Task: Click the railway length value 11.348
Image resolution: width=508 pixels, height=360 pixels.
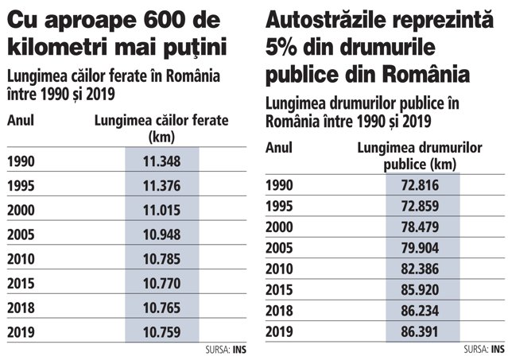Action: click(161, 161)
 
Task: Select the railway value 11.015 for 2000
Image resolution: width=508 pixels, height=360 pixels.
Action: click(161, 210)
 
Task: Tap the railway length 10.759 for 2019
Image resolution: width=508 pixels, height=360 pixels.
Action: click(161, 332)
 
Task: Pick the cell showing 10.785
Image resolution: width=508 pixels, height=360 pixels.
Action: click(161, 259)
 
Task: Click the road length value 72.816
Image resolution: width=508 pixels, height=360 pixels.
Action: click(420, 185)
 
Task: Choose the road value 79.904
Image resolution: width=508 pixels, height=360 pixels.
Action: click(420, 248)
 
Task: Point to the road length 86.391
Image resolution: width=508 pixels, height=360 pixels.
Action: click(420, 331)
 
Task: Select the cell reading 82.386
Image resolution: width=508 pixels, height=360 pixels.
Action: click(420, 269)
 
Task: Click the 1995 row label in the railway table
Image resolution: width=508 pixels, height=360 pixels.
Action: click(21, 186)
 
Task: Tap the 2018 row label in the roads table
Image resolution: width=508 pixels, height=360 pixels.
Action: click(279, 311)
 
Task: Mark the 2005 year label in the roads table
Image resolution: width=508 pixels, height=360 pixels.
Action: click(279, 248)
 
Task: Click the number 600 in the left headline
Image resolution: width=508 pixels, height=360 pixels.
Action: click(165, 20)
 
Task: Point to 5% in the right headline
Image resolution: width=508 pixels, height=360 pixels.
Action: click(281, 47)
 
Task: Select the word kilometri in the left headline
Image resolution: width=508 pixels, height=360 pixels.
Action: click(57, 47)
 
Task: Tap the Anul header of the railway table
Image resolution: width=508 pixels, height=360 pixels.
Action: click(21, 121)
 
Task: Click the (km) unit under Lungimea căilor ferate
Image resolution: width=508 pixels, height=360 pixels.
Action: click(161, 137)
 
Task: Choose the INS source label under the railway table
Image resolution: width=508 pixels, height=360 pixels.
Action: click(239, 350)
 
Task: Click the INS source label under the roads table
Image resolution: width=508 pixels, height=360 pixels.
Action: click(498, 349)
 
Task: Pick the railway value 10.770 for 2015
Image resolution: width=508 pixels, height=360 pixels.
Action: click(161, 284)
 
